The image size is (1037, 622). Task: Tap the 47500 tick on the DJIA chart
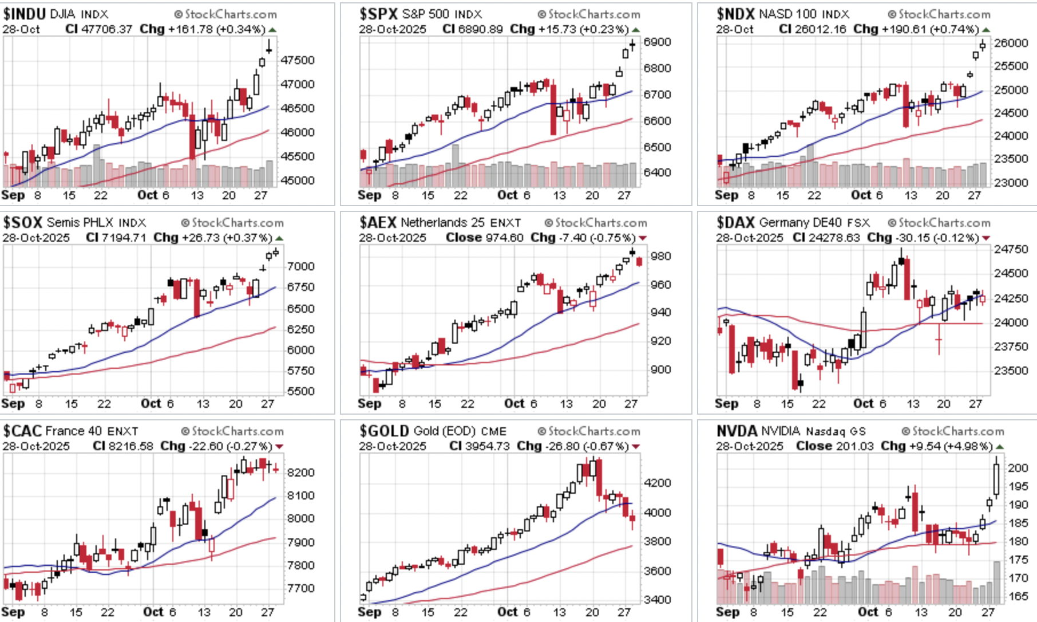click(298, 60)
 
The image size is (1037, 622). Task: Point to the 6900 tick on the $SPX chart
click(657, 42)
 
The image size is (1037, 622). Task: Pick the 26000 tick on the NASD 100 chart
click(1011, 43)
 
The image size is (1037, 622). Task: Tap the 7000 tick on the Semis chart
click(301, 266)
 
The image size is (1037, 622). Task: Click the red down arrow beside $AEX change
click(643, 238)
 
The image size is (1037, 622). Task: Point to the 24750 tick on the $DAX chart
click(1011, 249)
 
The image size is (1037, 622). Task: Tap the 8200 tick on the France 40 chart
click(301, 473)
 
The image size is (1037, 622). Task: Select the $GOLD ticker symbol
click(384, 431)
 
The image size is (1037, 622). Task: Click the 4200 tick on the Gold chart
click(658, 483)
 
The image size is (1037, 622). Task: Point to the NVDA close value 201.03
click(852, 446)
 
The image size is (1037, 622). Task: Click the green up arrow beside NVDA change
click(1000, 447)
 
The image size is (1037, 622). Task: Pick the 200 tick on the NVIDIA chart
click(1018, 468)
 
